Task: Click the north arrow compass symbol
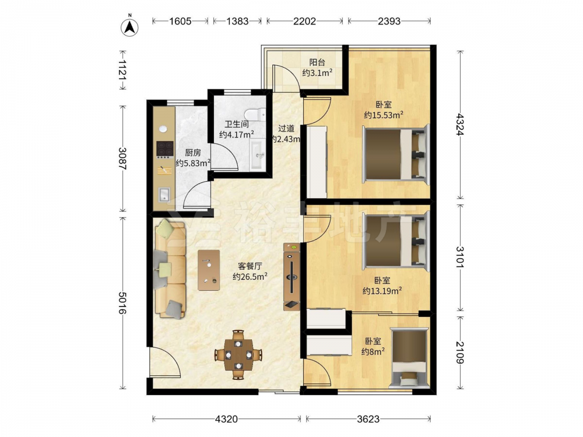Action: tap(130, 27)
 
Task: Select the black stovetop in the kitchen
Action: tap(165, 149)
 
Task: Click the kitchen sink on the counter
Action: tap(164, 194)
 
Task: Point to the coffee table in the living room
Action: tap(209, 270)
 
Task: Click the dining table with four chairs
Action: tap(238, 354)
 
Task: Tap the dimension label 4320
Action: tap(226, 419)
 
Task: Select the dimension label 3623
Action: tap(368, 419)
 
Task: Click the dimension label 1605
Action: tap(180, 21)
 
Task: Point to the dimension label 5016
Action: tap(122, 302)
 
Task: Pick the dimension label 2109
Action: tap(460, 353)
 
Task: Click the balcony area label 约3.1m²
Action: tap(317, 73)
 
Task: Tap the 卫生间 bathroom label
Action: tap(237, 124)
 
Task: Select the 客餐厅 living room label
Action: tap(250, 266)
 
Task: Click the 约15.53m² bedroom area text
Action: tap(384, 115)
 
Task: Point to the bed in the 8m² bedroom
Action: tap(409, 358)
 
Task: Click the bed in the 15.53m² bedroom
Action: tap(396, 153)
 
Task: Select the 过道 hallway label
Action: tap(286, 129)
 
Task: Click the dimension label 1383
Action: tap(237, 21)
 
